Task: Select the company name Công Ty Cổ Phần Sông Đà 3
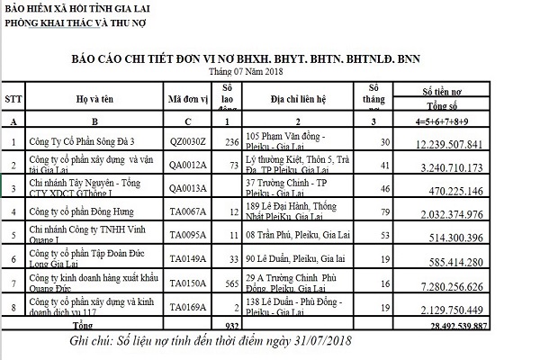(x=81, y=142)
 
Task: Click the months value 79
(x=384, y=212)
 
